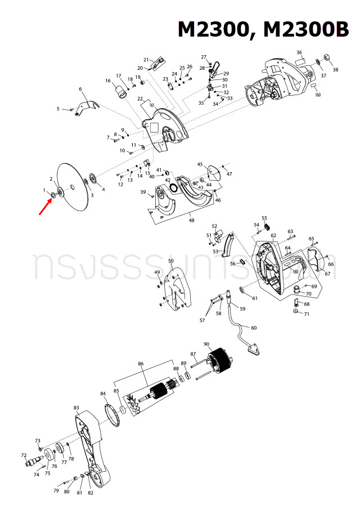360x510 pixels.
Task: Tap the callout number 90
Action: coord(206,344)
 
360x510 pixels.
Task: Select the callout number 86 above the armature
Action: coord(141,364)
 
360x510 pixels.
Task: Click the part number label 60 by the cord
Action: coord(253,328)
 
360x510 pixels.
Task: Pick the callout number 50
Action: coord(170,261)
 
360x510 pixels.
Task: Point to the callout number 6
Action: coord(80,89)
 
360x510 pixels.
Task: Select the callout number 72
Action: coord(24,455)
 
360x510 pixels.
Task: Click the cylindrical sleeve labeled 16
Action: coord(119,90)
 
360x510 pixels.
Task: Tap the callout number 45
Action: coord(200,164)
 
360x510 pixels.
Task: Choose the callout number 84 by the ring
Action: coord(103,393)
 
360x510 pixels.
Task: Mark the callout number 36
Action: coord(299,53)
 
